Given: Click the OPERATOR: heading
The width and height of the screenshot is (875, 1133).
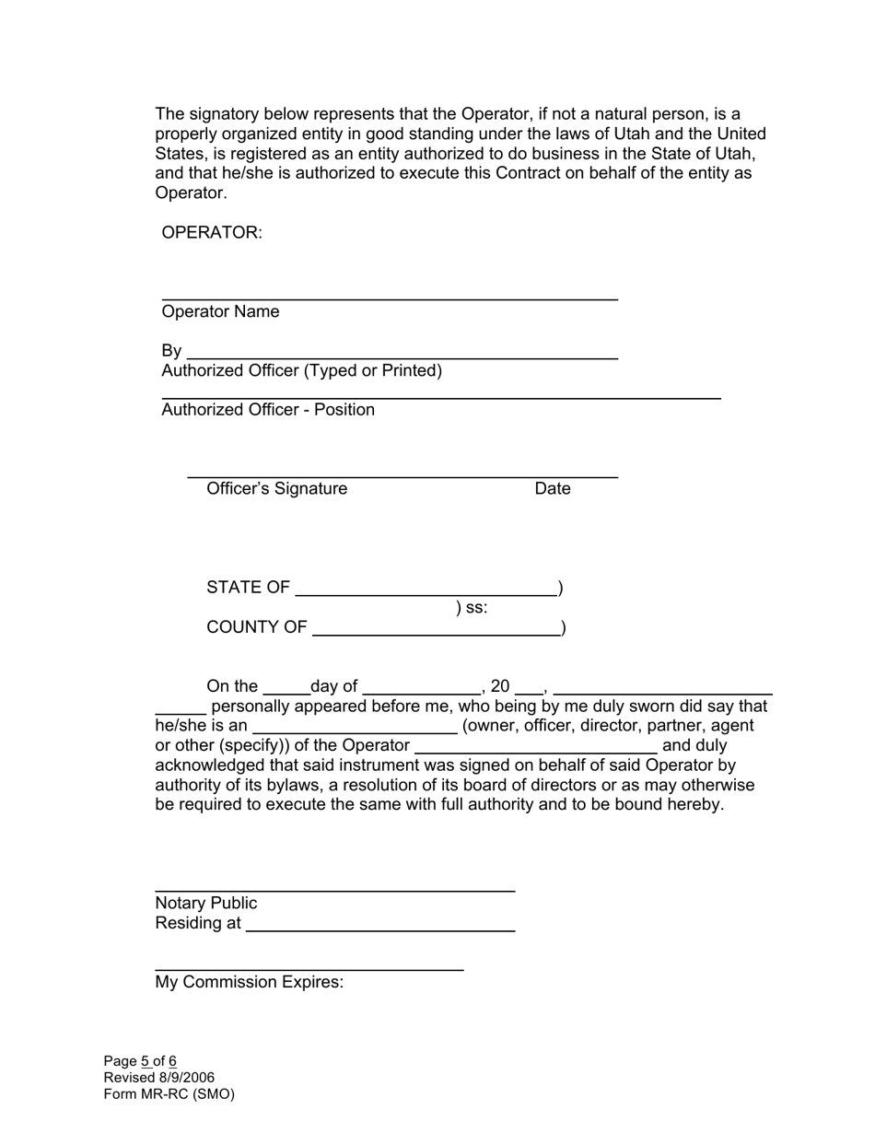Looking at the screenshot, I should pyautogui.click(x=212, y=233).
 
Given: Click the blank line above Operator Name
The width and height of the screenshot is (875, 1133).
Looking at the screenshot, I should pyautogui.click(x=390, y=297).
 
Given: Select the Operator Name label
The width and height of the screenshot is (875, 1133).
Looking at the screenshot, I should pyautogui.click(x=220, y=312).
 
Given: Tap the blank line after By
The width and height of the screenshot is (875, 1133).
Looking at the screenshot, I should pyautogui.click(x=402, y=355).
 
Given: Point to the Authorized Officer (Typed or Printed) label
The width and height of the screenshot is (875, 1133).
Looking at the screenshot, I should pyautogui.click(x=301, y=371).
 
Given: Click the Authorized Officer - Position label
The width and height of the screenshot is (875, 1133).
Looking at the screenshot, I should pyautogui.click(x=268, y=410).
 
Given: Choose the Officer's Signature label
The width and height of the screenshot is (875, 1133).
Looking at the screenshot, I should pyautogui.click(x=276, y=489).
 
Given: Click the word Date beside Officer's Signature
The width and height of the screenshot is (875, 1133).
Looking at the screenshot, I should pyautogui.click(x=553, y=489).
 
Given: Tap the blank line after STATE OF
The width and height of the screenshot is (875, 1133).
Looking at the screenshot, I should pyautogui.click(x=426, y=593).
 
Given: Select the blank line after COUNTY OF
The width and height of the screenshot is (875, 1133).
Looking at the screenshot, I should pyautogui.click(x=437, y=633).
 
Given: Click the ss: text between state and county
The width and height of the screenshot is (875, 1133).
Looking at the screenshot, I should pyautogui.click(x=472, y=608).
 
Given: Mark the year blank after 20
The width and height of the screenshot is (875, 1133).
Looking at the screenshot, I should pyautogui.click(x=529, y=691).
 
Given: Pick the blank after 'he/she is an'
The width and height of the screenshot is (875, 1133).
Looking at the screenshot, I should pyautogui.click(x=355, y=730).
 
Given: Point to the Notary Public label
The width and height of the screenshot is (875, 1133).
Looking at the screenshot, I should pyautogui.click(x=206, y=904).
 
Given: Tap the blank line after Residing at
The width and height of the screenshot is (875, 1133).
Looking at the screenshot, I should pyautogui.click(x=379, y=929).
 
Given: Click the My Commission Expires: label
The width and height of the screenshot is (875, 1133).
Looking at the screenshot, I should pyautogui.click(x=249, y=983).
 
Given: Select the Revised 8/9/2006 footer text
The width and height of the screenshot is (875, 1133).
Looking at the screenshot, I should pyautogui.click(x=158, y=1079).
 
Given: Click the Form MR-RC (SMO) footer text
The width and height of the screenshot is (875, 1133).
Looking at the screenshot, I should pyautogui.click(x=169, y=1095).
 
